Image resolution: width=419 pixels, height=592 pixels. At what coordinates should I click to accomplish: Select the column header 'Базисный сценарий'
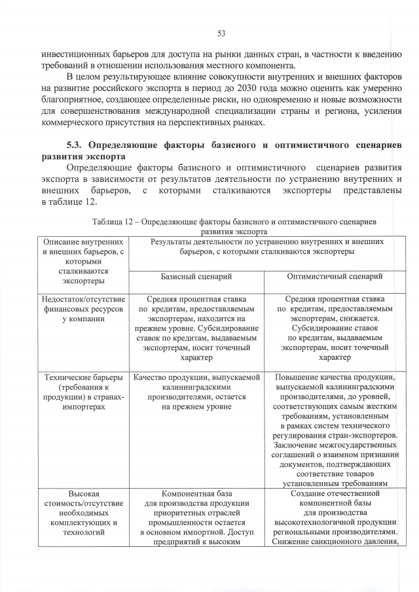coord(196,276)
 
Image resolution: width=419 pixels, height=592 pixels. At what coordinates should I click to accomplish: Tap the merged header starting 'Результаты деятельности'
coord(266,246)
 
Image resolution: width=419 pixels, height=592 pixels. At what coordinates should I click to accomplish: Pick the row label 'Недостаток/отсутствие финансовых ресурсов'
coord(83,309)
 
